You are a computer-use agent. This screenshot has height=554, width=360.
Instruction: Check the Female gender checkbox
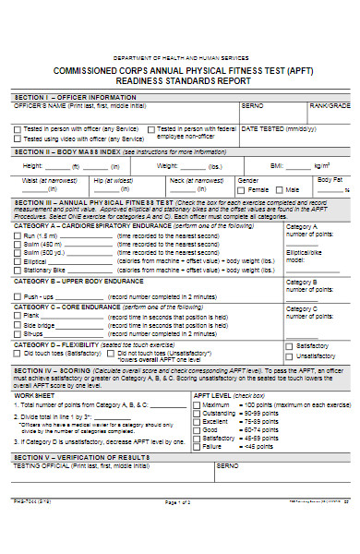242,189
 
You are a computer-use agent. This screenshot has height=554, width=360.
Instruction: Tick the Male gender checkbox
279,189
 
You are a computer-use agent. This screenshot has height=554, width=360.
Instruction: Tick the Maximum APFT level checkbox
197,404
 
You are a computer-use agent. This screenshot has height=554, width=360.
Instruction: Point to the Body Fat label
330,179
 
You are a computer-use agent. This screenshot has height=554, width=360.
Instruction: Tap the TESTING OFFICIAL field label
38,466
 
